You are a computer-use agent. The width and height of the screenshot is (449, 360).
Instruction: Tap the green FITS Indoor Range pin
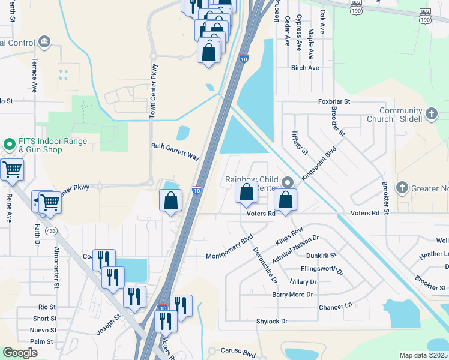[x=10, y=145]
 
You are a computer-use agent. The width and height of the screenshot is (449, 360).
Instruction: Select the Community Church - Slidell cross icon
[x=431, y=114]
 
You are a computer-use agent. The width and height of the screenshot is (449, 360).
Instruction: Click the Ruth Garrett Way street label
[x=175, y=151]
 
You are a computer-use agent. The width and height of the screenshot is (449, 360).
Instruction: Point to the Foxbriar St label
[x=334, y=103]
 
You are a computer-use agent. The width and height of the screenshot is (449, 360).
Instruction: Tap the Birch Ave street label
[x=305, y=68]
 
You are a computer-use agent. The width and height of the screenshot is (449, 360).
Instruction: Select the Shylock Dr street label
[x=272, y=322]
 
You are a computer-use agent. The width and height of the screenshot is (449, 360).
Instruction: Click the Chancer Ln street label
[x=335, y=307]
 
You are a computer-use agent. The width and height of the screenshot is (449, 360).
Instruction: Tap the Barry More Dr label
[x=293, y=295]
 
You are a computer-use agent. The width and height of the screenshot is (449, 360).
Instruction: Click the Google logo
[x=20, y=353]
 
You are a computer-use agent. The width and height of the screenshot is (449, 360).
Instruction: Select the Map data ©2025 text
[x=423, y=355]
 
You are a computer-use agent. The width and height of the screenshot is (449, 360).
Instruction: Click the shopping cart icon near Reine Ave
[x=12, y=170]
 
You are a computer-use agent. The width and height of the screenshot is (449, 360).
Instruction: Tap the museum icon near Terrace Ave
[x=44, y=42]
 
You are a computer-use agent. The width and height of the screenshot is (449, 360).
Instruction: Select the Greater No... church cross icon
[x=402, y=188]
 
